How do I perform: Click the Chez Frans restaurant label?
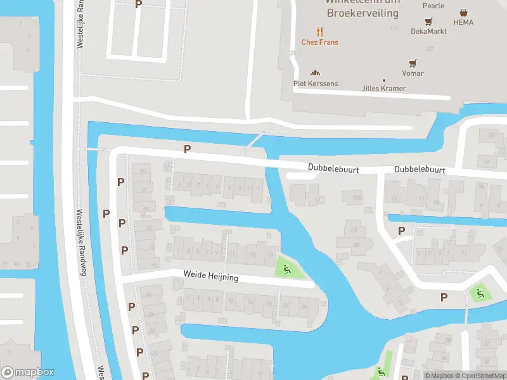coord(319,42)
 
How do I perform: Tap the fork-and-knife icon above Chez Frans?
coord(319,31)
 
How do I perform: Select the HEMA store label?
coord(463,22)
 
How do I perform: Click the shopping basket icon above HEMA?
coord(464,12)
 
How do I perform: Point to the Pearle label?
coord(433,6)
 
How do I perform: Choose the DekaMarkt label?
coord(429,31)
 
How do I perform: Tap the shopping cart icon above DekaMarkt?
coord(429,21)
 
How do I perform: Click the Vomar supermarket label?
coord(413,73)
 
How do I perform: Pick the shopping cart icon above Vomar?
coord(413,63)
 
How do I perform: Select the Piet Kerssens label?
coord(315,84)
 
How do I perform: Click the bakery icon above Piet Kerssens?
coord(315,73)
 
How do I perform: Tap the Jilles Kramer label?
coord(383,89)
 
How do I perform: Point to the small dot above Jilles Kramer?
coord(383,80)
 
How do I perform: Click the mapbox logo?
coord(28,372)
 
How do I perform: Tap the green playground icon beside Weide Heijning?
coord(286,270)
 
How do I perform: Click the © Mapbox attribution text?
coord(439,376)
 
